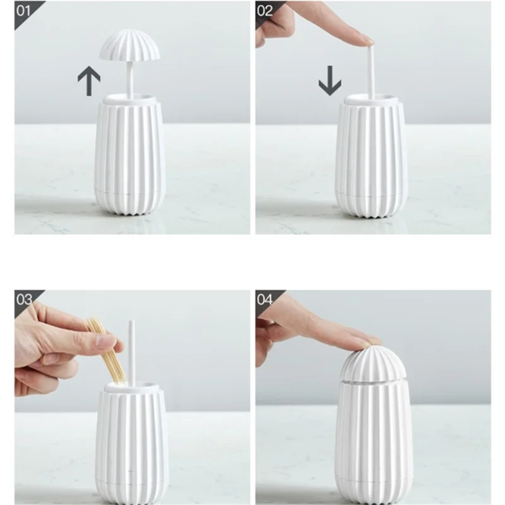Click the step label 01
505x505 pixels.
(23, 11)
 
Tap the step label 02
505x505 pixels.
(265, 11)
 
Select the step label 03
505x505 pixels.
(24, 299)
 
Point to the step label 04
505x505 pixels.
(265, 299)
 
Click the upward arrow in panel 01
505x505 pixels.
(89, 81)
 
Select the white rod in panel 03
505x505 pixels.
(132, 350)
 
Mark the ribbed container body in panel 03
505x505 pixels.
(131, 442)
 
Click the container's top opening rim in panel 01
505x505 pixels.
(131, 98)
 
